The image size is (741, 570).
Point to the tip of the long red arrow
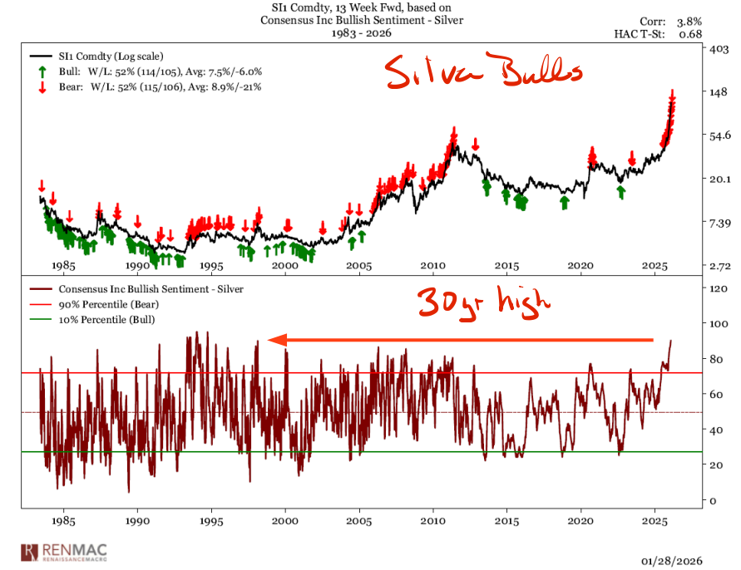click(271, 339)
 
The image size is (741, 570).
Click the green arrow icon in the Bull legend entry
click(40, 71)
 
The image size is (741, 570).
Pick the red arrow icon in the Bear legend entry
click(40, 86)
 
